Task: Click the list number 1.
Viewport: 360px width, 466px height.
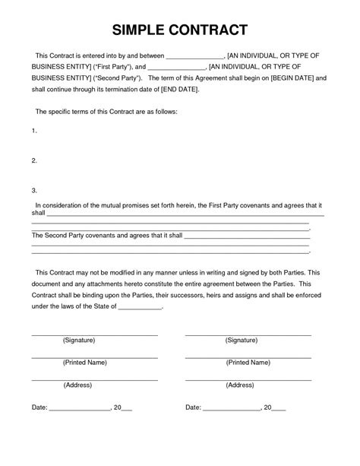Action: (33, 132)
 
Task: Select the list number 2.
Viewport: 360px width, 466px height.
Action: (33, 161)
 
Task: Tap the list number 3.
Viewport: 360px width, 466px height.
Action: (33, 191)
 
